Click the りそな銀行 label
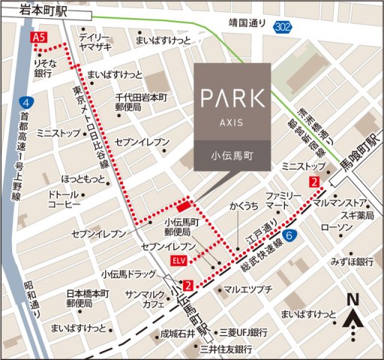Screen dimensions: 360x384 pos(43,68)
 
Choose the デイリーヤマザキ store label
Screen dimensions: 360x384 pos(95,42)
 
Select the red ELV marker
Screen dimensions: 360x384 pos(178,260)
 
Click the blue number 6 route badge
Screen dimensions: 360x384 pos(289,235)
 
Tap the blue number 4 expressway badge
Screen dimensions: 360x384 pos(27,101)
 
